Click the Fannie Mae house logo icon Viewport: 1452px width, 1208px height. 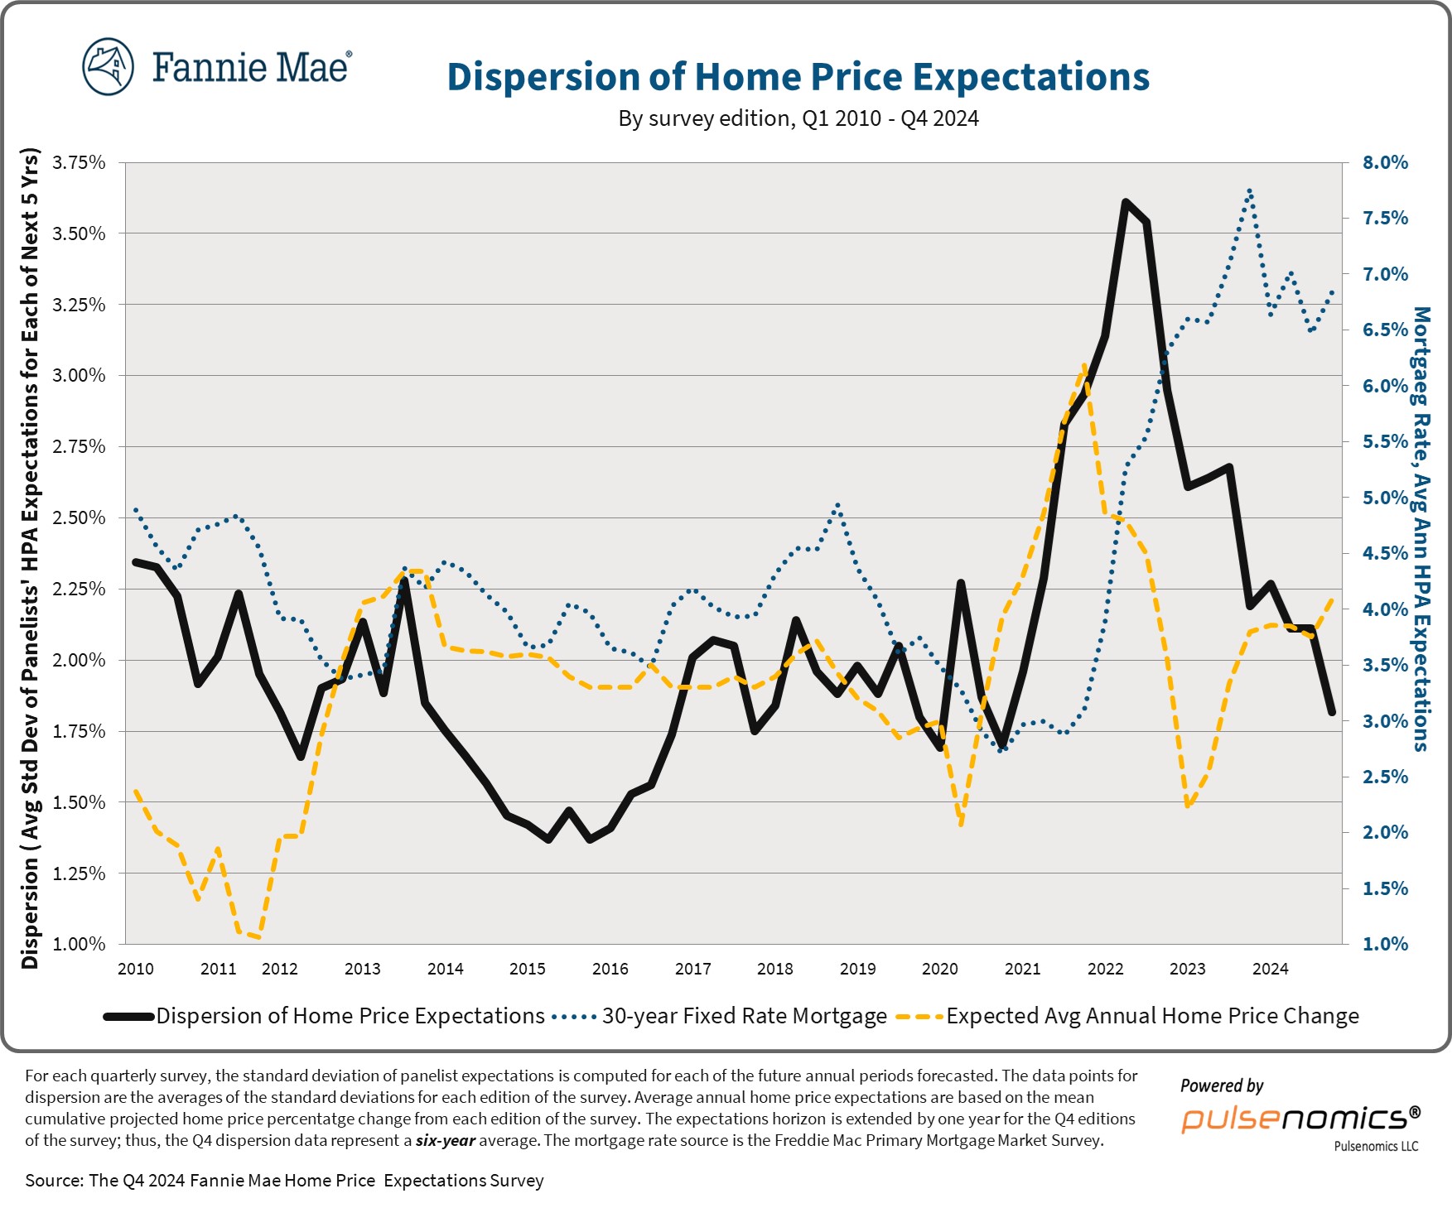point(109,66)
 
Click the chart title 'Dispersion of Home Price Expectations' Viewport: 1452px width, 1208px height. point(798,77)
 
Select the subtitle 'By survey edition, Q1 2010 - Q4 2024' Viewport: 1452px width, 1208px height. point(798,118)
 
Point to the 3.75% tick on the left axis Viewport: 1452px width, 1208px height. point(80,162)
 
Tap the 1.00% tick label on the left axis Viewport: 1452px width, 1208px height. point(80,944)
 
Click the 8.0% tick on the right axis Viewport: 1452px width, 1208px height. point(1385,162)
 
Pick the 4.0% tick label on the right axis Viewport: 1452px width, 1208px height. point(1385,609)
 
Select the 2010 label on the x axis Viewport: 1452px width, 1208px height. point(136,969)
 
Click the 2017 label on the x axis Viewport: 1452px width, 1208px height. point(692,969)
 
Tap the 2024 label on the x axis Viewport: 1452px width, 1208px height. point(1270,969)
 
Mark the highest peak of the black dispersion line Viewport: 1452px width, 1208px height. point(1126,202)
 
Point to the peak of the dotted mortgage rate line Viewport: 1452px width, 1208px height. point(1250,191)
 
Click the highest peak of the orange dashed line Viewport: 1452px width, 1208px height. point(1084,365)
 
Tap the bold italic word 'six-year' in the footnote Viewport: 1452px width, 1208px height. point(446,1140)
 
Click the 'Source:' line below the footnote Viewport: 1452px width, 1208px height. point(284,1181)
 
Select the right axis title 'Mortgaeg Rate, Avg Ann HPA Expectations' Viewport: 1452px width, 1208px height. point(1421,528)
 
